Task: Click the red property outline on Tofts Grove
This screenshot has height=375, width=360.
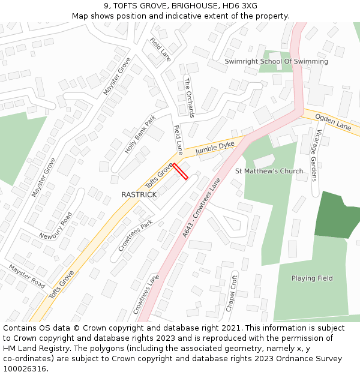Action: (181, 171)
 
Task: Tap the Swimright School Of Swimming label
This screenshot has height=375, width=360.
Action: (276, 61)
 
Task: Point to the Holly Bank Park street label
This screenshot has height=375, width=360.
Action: (140, 134)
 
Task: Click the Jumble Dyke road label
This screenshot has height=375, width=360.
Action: (214, 148)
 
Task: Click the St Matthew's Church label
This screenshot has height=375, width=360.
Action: (269, 171)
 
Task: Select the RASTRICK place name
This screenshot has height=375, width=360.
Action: (139, 195)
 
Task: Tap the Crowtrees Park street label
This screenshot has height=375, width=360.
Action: (136, 235)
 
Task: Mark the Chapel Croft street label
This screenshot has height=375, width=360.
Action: (232, 292)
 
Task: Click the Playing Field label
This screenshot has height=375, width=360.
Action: (312, 278)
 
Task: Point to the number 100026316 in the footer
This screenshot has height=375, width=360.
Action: (26, 368)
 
